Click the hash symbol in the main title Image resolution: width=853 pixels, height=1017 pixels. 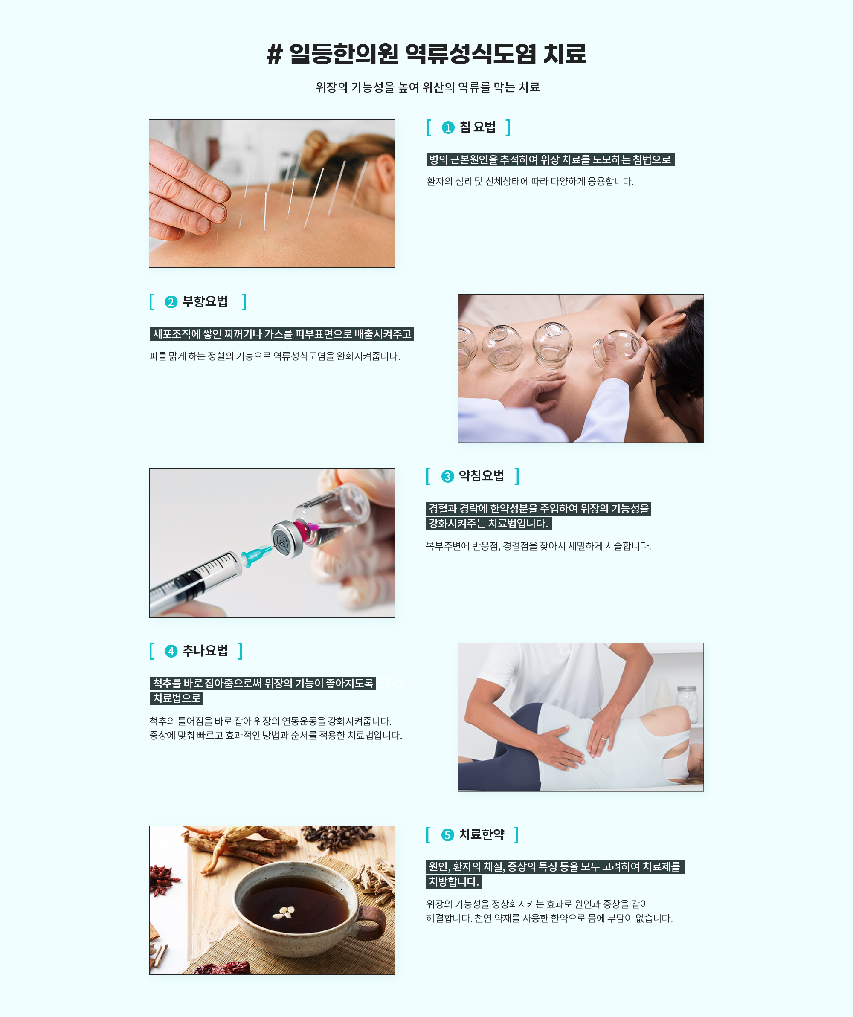coord(274,54)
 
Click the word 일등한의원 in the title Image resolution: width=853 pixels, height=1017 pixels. coord(344,54)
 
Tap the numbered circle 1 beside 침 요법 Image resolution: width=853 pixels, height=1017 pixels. coord(448,127)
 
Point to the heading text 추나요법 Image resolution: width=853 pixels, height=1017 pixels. coord(205,651)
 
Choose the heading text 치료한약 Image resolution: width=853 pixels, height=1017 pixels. coord(482,834)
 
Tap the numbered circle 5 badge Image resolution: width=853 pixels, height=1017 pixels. coord(447,835)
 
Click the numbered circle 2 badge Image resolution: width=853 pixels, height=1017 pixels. coord(171,302)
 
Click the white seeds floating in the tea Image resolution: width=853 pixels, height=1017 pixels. coord(284,913)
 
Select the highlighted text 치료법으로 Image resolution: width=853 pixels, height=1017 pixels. coord(176,698)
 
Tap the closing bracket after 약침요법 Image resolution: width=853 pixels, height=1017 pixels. coord(517,476)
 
